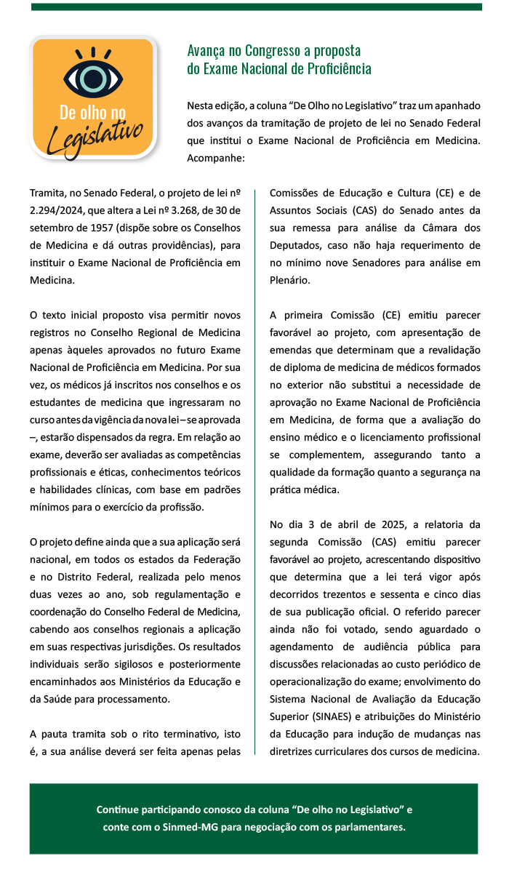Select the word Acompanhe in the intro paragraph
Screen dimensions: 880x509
(216, 156)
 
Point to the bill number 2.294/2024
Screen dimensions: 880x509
(58, 210)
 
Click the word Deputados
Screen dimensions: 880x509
(294, 245)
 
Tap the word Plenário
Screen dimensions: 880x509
(290, 279)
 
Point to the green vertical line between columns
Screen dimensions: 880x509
(254, 473)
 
